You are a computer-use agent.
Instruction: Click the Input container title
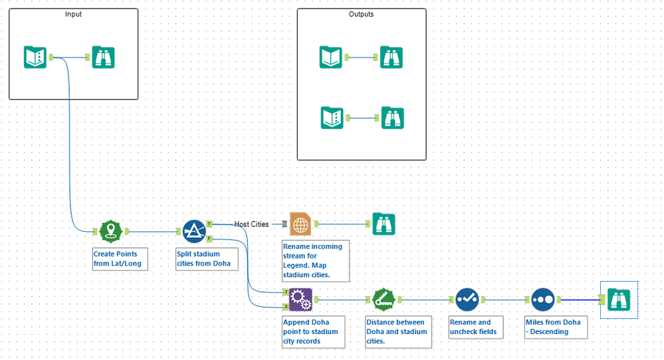coord(74,14)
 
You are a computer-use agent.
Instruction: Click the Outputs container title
coord(361,14)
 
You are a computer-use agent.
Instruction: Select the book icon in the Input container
coord(35,57)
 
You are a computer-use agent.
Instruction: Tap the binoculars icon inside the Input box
coord(103,58)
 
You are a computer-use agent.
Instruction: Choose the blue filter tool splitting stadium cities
coord(194,232)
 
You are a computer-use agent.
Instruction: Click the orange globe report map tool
coord(301,225)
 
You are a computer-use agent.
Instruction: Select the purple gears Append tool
coord(300,300)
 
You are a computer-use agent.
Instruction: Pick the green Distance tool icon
coord(384,300)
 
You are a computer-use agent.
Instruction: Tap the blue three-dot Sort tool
coord(542,300)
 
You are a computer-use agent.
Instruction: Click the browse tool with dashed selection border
coord(618,300)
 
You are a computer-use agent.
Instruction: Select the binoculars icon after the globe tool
coord(384,224)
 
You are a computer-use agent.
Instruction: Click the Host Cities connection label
coord(251,225)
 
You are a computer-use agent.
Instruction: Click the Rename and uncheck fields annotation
coord(471,327)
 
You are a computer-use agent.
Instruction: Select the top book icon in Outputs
coord(330,57)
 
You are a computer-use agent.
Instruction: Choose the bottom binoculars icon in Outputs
coord(392,118)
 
